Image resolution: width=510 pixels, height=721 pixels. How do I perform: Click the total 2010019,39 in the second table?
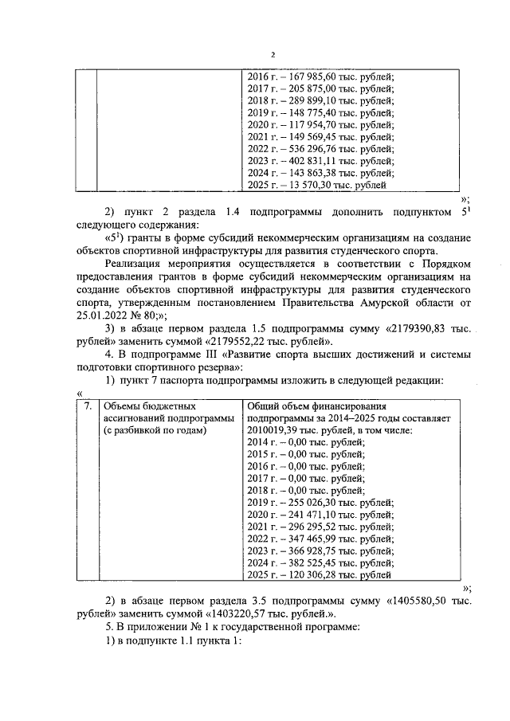tap(277, 430)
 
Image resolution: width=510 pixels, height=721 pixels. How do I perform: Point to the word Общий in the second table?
tap(265, 406)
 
